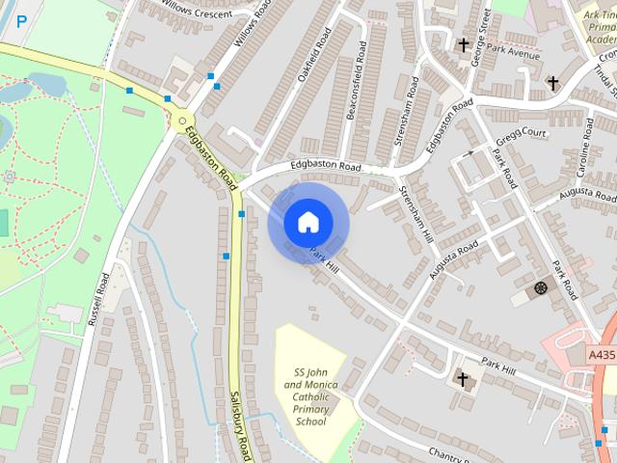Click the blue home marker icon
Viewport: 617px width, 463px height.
(x=307, y=223)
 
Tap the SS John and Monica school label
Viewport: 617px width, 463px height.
(x=311, y=397)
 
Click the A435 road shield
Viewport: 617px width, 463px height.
(x=602, y=355)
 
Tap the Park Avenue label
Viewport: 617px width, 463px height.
(x=512, y=54)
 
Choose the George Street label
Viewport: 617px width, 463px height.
(x=480, y=36)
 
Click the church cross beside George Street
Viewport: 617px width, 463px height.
(x=464, y=45)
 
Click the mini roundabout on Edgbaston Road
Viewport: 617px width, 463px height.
(x=181, y=120)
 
